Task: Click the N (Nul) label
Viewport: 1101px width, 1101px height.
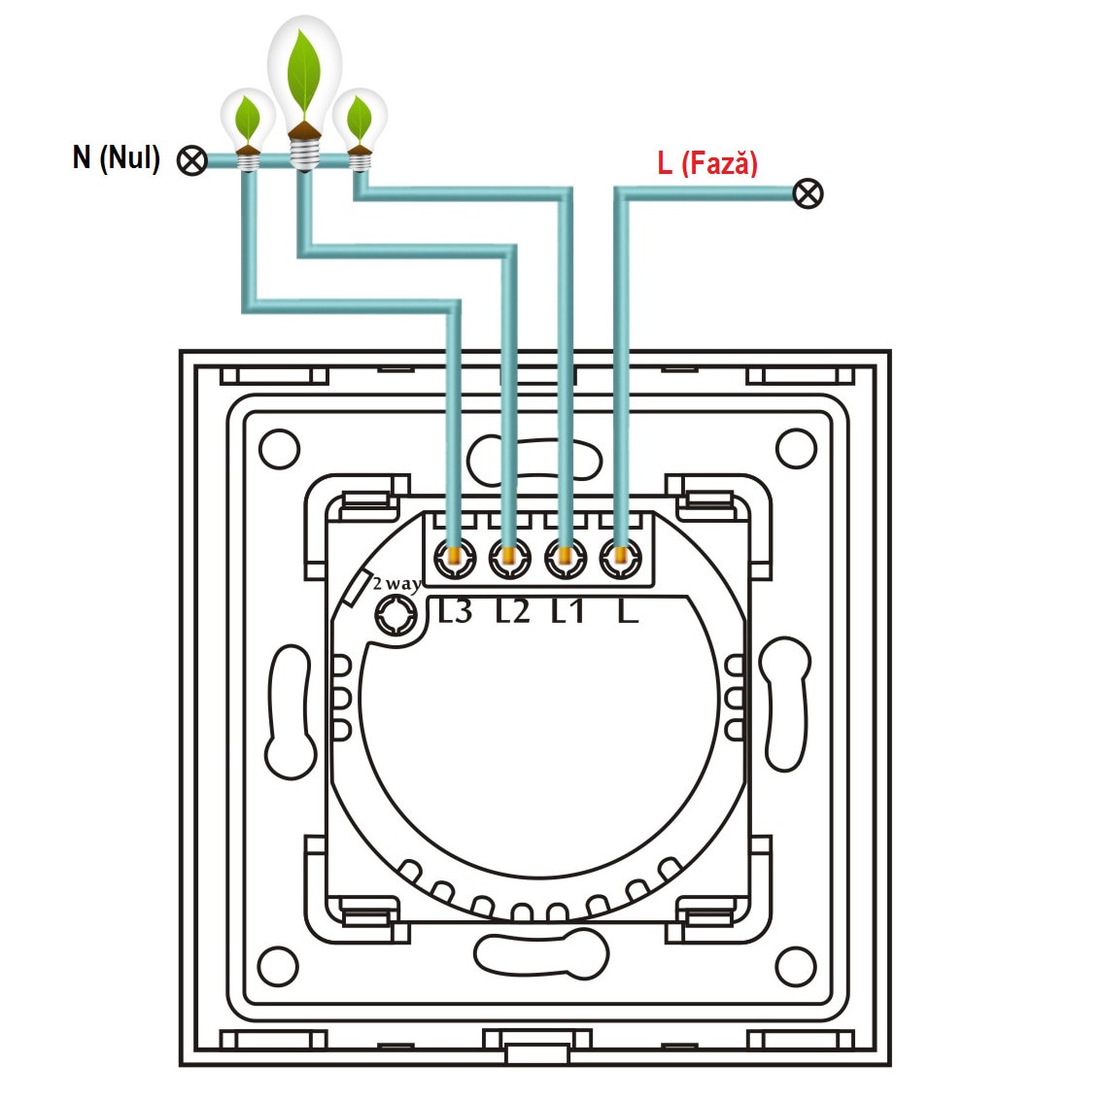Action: (x=116, y=157)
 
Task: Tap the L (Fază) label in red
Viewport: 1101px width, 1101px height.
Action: (x=706, y=162)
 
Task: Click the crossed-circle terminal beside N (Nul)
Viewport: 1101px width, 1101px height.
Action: (x=192, y=161)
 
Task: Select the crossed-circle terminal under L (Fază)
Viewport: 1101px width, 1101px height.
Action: (x=808, y=193)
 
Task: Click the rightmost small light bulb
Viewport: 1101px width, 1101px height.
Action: (x=361, y=126)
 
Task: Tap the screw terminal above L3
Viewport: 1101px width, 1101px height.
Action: (x=454, y=558)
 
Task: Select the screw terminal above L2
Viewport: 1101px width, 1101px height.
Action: (x=507, y=558)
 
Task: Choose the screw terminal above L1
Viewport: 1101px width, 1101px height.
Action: (x=565, y=558)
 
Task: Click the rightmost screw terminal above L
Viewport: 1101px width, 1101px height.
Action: (x=620, y=558)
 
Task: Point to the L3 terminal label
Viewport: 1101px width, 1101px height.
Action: (x=455, y=611)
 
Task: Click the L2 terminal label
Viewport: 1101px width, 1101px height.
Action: (x=512, y=611)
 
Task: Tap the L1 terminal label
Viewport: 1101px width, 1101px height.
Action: (x=568, y=611)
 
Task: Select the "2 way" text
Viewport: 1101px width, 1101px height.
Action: (x=396, y=584)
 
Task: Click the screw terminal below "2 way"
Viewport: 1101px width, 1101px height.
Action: (x=396, y=615)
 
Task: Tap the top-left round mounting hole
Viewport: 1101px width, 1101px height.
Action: (x=280, y=448)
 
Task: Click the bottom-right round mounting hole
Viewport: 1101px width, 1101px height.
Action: (x=795, y=965)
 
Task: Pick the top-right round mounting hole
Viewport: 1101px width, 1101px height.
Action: (x=795, y=448)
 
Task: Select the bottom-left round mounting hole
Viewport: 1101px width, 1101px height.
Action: (x=280, y=965)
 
